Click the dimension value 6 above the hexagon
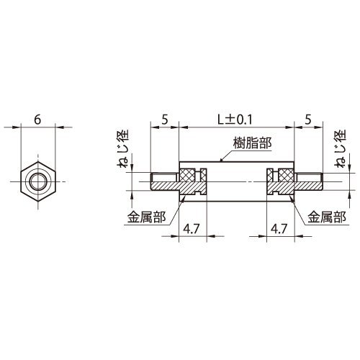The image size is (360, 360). pyautogui.click(x=37, y=120)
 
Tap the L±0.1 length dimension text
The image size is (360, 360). pyautogui.click(x=235, y=120)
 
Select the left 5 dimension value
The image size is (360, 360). pyautogui.click(x=164, y=120)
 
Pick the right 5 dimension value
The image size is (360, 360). pyautogui.click(x=308, y=120)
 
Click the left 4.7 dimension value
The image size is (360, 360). pyautogui.click(x=192, y=229)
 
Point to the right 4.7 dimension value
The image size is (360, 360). pyautogui.click(x=279, y=229)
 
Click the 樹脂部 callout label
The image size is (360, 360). pyautogui.click(x=252, y=144)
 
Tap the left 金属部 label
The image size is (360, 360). pyautogui.click(x=146, y=217)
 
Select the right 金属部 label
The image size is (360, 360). pyautogui.click(x=327, y=217)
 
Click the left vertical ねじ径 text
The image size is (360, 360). pyautogui.click(x=123, y=148)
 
